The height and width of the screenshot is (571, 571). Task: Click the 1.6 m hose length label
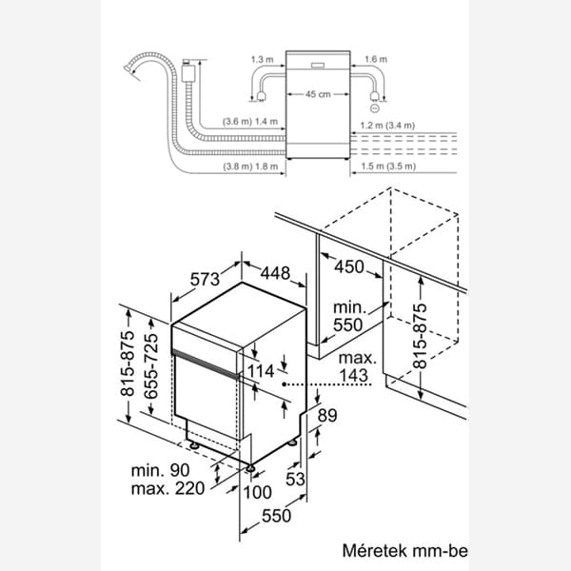coord(376,59)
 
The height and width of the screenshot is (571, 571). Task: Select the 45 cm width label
coord(319,94)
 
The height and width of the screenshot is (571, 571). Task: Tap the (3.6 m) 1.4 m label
coord(250,123)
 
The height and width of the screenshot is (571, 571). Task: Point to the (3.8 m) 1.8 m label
coord(250,167)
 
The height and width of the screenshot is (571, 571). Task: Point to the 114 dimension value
coord(260,370)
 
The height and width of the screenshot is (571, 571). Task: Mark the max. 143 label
coord(360,367)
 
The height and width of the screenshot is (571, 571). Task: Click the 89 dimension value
coord(328,414)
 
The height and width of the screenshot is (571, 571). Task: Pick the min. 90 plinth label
coord(165,470)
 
